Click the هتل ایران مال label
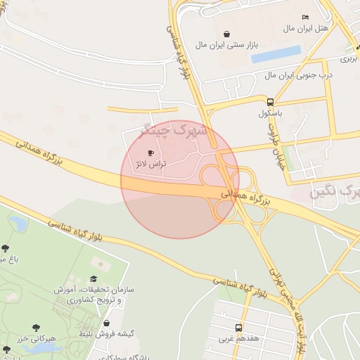[306, 28]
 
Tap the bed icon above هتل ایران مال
[305, 17]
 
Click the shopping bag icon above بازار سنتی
[226, 33]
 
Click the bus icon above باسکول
[271, 101]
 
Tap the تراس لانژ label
[149, 163]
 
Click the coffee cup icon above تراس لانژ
[150, 153]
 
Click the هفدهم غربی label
[239, 339]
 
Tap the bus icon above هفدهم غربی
[239, 328]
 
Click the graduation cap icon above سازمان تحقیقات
[94, 279]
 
